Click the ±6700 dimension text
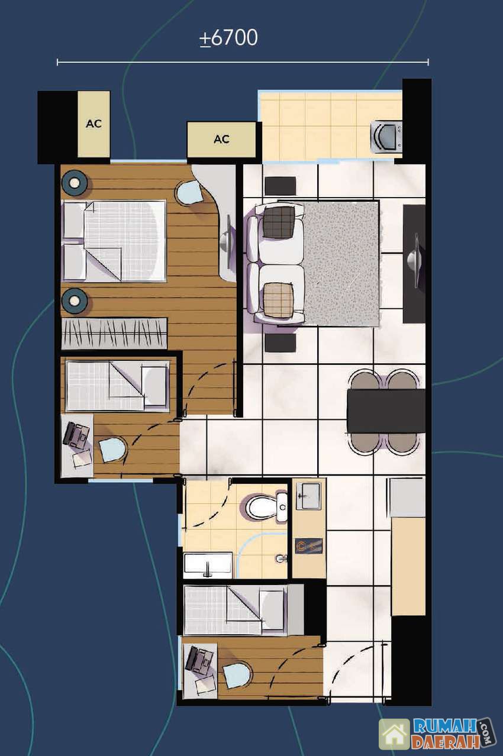pos(228,38)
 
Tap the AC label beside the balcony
pos(221,139)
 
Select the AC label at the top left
pos(94,124)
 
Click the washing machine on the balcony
pos(386,137)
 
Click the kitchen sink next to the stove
pos(308,496)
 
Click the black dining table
pos(386,411)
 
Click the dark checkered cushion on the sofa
pos(279,222)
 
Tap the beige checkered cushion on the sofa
pos(279,300)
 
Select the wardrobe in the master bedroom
pos(114,333)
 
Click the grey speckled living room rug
pos(341,263)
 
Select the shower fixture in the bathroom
pos(280,558)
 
